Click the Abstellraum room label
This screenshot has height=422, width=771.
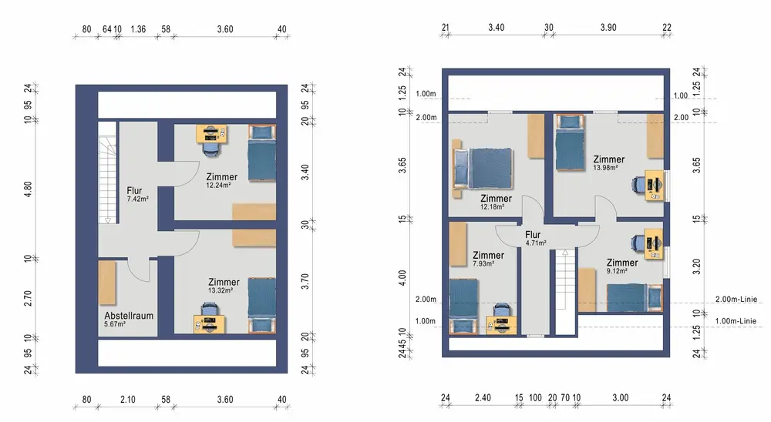tap(129, 316)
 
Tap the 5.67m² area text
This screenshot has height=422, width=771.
tap(115, 324)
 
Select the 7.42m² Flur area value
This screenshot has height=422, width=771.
tap(138, 199)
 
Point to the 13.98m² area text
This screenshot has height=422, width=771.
tap(605, 168)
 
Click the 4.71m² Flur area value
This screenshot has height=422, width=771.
tap(536, 243)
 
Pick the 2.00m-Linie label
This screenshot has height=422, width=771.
tap(736, 300)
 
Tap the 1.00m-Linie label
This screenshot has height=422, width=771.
tap(736, 321)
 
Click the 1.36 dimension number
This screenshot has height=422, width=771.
tap(138, 29)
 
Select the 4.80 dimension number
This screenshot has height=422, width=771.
tap(28, 189)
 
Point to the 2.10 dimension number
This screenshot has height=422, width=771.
tap(128, 400)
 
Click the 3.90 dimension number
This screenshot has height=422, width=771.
tap(608, 28)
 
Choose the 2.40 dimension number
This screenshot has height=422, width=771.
tap(483, 398)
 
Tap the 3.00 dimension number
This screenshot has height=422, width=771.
tap(621, 398)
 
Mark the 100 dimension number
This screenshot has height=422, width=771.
tap(535, 398)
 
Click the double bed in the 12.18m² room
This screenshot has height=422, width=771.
tap(483, 169)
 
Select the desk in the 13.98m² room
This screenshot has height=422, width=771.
tap(655, 185)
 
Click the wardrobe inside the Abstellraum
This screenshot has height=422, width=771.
tap(107, 283)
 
